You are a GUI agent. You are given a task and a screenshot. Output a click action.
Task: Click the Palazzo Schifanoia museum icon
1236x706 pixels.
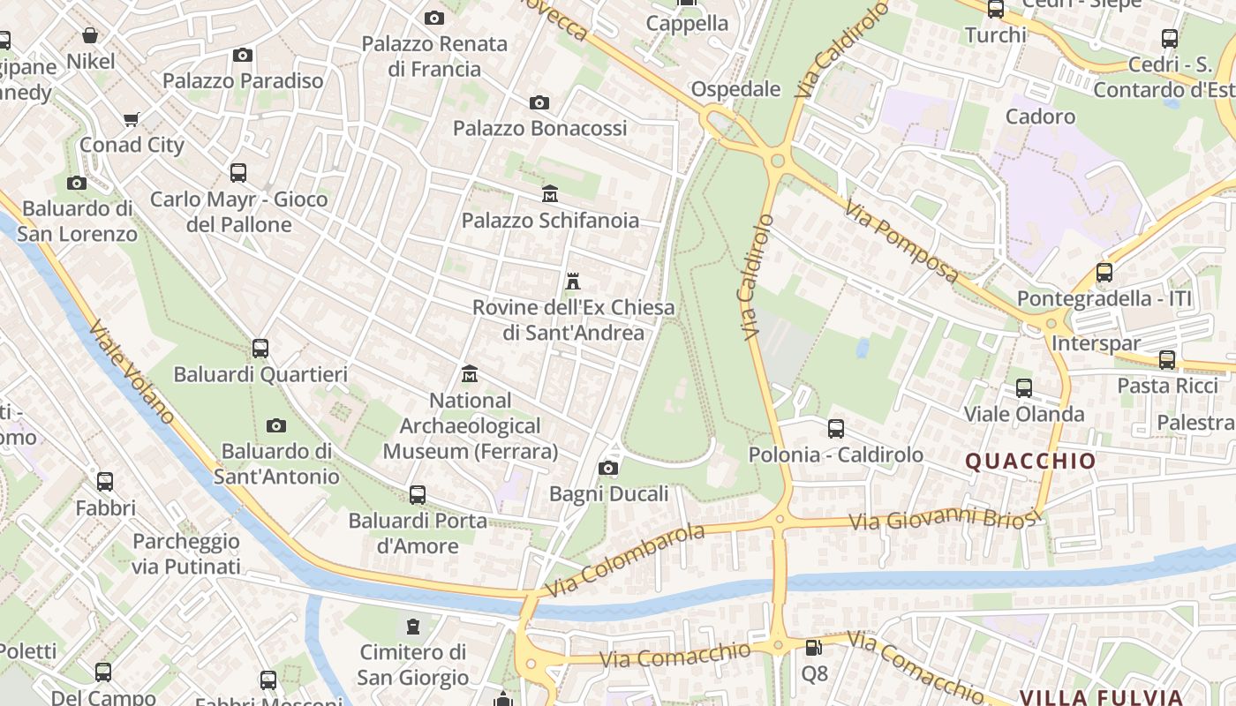pyautogui.click(x=550, y=193)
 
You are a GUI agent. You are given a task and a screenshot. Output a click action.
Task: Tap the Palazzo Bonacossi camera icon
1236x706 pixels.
pyautogui.click(x=539, y=103)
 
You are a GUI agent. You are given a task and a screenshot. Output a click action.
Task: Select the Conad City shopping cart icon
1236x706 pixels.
pyautogui.click(x=132, y=119)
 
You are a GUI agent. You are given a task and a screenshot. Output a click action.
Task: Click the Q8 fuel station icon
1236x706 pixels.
pyautogui.click(x=814, y=648)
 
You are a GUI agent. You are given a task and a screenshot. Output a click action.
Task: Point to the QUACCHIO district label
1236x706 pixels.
pyautogui.click(x=1030, y=461)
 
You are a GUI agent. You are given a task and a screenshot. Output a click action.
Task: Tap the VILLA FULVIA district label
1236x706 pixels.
pyautogui.click(x=1101, y=697)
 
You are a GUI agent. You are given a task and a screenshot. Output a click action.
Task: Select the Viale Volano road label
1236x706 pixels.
pyautogui.click(x=131, y=372)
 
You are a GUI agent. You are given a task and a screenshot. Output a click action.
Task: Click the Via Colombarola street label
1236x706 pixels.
pyautogui.click(x=625, y=560)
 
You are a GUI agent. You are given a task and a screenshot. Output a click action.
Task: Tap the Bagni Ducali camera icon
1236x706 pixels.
pyautogui.click(x=608, y=469)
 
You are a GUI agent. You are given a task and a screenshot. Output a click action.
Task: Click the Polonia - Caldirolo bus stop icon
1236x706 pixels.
pyautogui.click(x=836, y=429)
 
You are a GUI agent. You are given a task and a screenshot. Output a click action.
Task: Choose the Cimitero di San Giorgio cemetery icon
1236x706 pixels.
pyautogui.click(x=412, y=627)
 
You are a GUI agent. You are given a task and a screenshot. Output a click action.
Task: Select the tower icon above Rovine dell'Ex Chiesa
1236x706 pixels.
pyautogui.click(x=573, y=282)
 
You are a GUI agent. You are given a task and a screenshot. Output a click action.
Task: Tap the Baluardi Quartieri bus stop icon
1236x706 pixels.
pyautogui.click(x=260, y=349)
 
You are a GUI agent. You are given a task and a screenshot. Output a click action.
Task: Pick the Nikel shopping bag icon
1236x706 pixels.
pyautogui.click(x=90, y=35)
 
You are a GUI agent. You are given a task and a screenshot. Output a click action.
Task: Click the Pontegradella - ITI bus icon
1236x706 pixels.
pyautogui.click(x=1104, y=273)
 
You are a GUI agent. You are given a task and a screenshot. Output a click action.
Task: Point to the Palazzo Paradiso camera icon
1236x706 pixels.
pyautogui.click(x=243, y=56)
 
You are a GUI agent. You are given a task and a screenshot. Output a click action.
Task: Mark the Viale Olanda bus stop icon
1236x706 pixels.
pyautogui.click(x=1024, y=388)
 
